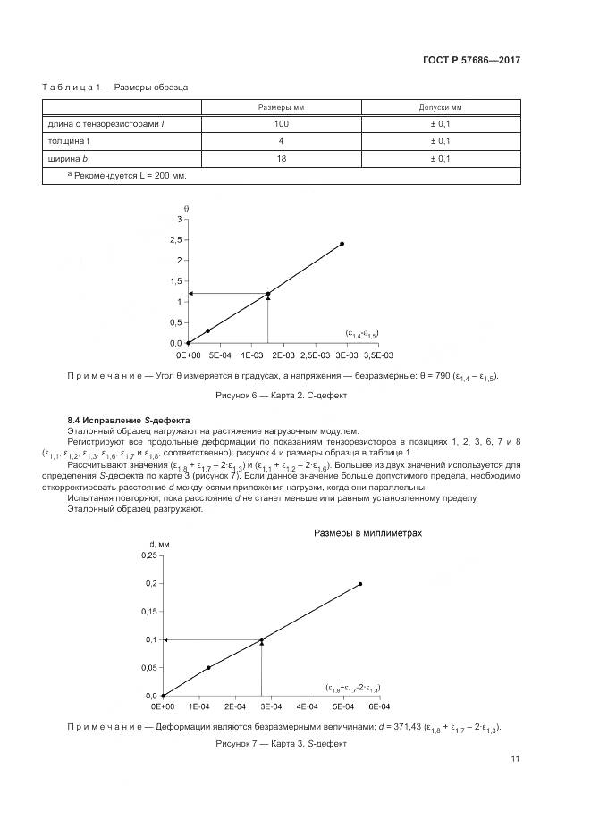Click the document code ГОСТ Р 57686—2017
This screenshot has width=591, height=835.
pyautogui.click(x=470, y=61)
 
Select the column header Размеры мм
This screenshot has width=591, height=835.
pyautogui.click(x=282, y=107)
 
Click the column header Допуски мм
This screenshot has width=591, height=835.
pyautogui.click(x=440, y=107)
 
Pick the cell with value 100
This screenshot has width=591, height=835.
pyautogui.click(x=282, y=124)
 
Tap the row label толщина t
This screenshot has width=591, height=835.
pyautogui.click(x=68, y=141)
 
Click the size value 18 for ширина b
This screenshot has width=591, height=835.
pyautogui.click(x=282, y=158)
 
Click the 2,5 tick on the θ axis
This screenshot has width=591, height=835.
pyautogui.click(x=176, y=240)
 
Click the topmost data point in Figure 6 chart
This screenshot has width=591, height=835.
pyautogui.click(x=342, y=244)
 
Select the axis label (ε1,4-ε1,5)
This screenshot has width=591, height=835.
pyautogui.click(x=362, y=333)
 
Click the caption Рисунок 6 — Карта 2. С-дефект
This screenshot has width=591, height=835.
pyautogui.click(x=282, y=394)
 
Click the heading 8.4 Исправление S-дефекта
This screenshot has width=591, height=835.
pyautogui.click(x=129, y=420)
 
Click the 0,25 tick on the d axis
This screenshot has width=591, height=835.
pyautogui.click(x=147, y=555)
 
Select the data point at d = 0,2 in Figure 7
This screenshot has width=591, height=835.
pyautogui.click(x=360, y=584)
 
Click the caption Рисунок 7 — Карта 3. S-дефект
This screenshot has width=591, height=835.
pyautogui.click(x=281, y=743)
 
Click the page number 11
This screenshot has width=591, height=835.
pyautogui.click(x=515, y=759)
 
